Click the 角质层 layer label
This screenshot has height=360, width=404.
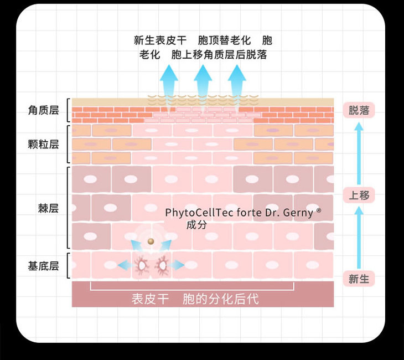click(x=43, y=111)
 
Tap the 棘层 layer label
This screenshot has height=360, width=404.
click(x=48, y=208)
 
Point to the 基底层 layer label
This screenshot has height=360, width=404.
click(x=43, y=266)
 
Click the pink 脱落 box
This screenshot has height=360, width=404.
click(x=359, y=110)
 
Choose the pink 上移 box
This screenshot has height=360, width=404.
click(x=359, y=195)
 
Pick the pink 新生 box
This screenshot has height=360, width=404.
click(x=359, y=279)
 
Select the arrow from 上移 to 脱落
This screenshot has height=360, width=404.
click(x=359, y=152)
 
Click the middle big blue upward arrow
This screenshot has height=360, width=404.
click(x=203, y=80)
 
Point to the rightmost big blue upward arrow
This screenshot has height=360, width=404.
click(x=237, y=80)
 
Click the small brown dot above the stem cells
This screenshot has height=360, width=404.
click(x=151, y=241)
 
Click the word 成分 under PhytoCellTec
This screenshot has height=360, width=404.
click(x=196, y=225)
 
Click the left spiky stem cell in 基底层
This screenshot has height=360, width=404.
click(x=142, y=266)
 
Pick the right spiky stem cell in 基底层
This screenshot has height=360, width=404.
click(x=162, y=266)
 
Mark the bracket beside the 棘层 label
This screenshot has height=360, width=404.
click(x=68, y=208)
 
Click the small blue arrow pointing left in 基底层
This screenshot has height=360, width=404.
click(x=125, y=266)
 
